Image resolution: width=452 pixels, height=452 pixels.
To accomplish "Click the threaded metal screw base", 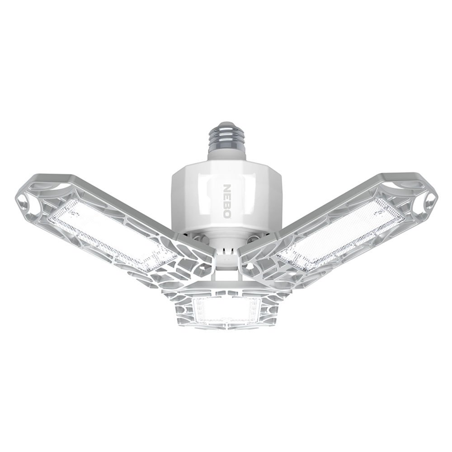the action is point(226,138).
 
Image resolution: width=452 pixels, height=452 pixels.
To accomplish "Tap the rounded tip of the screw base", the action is point(226,125).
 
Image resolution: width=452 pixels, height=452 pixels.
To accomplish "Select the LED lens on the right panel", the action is point(340,234).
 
